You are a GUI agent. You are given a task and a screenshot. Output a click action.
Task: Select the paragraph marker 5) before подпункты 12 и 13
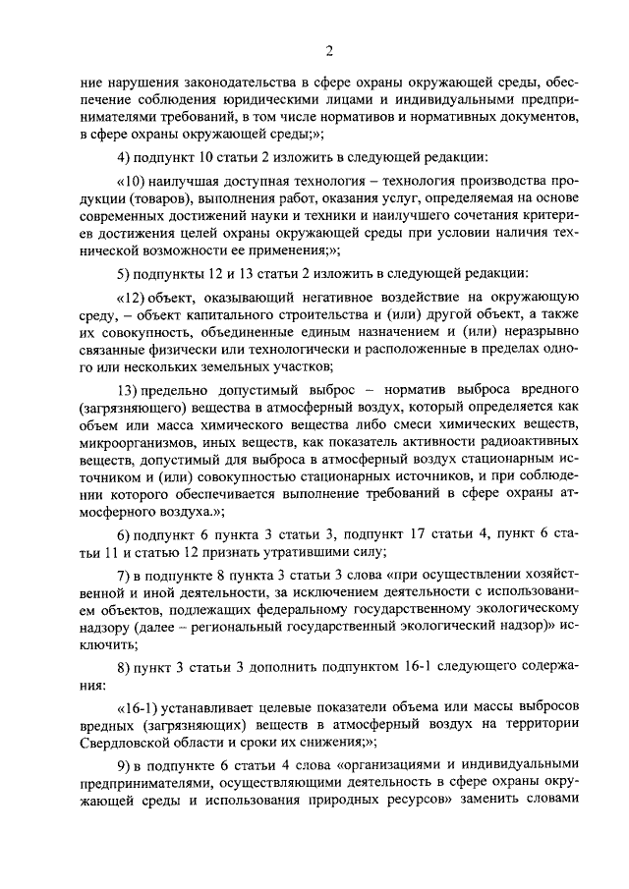click(x=124, y=272)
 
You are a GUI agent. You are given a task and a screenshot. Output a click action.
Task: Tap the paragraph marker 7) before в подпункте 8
click(x=124, y=575)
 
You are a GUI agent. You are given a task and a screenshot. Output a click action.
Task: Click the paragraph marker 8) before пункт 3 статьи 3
click(x=124, y=668)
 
